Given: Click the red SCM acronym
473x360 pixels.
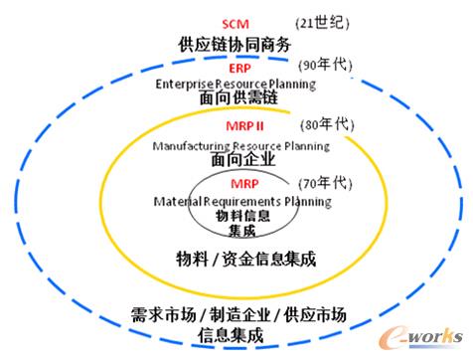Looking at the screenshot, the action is point(236,24).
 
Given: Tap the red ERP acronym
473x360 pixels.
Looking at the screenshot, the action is point(239,69).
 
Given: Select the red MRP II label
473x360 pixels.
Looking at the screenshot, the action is point(244,126).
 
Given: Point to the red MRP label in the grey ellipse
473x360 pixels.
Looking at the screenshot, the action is point(244,184).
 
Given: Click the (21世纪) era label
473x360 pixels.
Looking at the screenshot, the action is point(322,23).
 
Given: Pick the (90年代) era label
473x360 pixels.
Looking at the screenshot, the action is point(325,65).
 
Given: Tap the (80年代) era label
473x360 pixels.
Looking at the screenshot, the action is point(327,124).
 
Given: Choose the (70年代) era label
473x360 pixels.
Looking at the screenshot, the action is point(325,183).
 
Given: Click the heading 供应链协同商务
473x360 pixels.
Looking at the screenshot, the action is point(235,45).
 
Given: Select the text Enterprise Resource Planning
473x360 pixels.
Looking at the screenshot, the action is point(236,85).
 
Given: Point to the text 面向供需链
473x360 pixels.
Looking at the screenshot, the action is point(238,97).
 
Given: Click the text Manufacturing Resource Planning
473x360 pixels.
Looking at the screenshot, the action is point(241,146).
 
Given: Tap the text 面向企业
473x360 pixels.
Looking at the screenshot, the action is point(243,159).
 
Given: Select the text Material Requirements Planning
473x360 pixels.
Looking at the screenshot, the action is point(242,202).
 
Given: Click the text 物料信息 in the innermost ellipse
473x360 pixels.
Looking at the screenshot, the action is point(242,216).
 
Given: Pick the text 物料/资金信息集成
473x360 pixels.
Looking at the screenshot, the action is point(246,259).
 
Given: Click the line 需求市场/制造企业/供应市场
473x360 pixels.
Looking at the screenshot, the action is point(238,314).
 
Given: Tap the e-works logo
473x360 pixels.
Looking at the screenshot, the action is point(421,337).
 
